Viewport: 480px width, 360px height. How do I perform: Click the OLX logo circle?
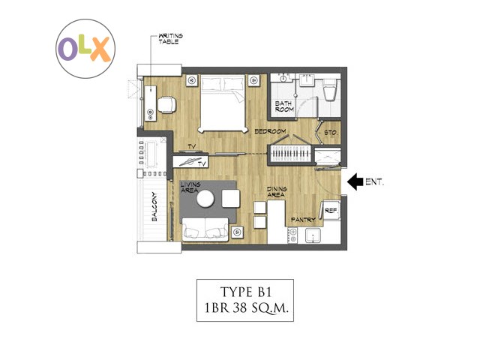(85, 48)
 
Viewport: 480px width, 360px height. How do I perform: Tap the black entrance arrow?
(355, 181)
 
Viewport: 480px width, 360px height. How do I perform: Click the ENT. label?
(374, 181)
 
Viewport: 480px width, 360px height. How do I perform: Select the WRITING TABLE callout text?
(170, 39)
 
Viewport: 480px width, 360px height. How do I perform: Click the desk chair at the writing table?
(166, 105)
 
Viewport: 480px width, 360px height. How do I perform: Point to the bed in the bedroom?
(223, 103)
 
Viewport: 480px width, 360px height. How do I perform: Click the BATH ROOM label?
(284, 106)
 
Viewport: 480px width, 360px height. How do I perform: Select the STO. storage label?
(331, 133)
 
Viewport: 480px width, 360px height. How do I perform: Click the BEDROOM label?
(270, 131)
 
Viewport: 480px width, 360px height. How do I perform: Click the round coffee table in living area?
(205, 199)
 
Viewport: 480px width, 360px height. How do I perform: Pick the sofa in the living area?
(205, 229)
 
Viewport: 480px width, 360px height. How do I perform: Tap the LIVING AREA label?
(190, 187)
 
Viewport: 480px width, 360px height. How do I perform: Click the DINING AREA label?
(277, 192)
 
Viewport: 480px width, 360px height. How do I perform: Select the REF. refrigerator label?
(331, 211)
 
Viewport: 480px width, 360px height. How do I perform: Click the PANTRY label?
(303, 220)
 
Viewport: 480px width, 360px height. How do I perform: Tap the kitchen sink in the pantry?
(313, 235)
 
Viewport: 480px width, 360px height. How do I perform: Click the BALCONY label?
(154, 207)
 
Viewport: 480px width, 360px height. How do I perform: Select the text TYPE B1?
(246, 292)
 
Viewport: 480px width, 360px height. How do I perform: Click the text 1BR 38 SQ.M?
(246, 307)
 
